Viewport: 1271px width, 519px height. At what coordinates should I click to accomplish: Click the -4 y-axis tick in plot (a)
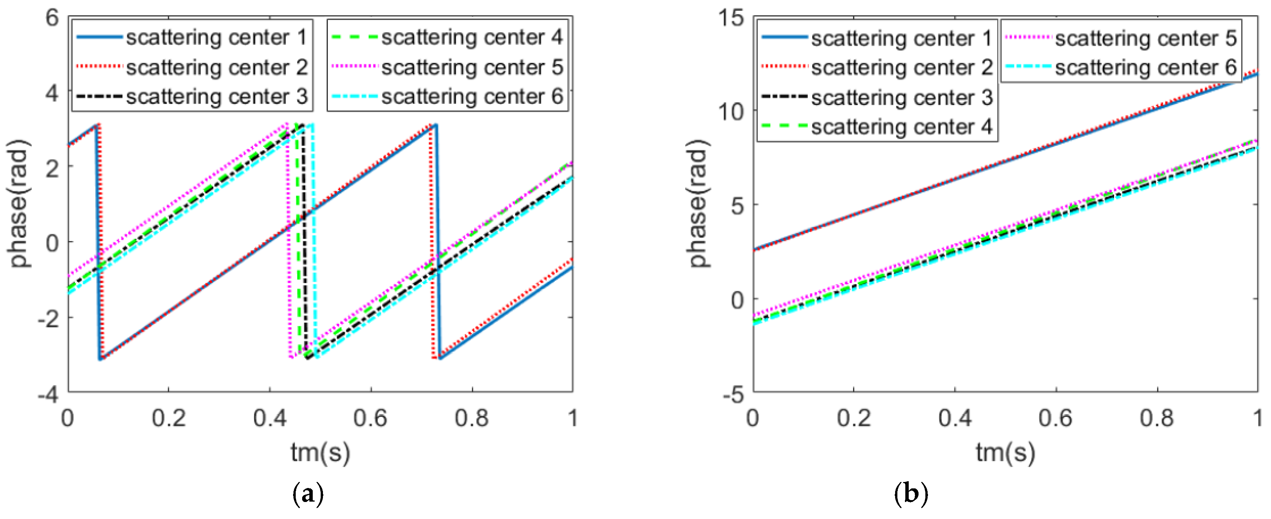48,394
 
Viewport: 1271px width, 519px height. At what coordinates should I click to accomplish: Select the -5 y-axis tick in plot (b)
733,394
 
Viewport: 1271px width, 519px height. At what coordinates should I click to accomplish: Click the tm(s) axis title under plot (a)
320,452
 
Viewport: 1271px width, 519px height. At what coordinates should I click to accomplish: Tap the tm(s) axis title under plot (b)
1006,452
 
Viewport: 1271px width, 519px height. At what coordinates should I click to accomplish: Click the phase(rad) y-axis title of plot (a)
20,204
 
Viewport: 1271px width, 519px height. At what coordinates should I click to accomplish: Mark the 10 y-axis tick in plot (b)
731,112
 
